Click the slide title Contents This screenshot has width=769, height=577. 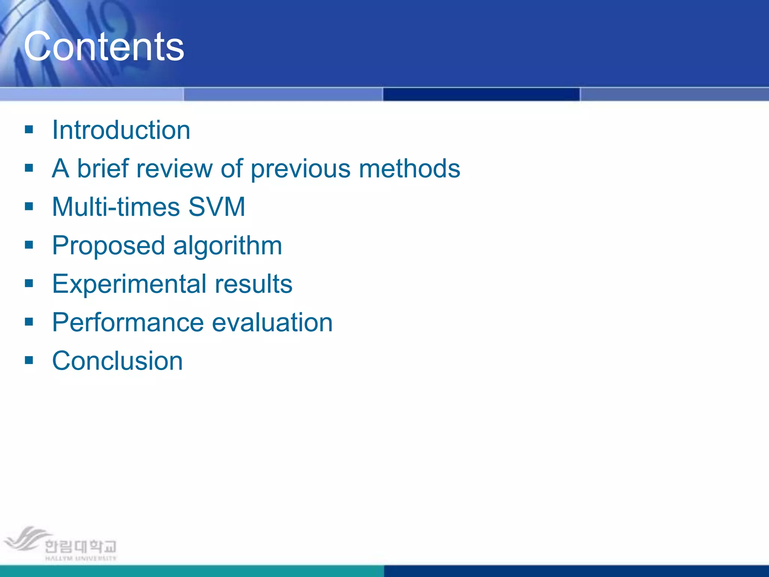[104, 47]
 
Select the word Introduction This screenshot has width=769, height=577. [121, 130]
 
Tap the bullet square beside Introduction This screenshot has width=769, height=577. [29, 130]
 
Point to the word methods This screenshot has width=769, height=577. [409, 168]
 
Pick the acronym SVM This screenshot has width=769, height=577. [217, 207]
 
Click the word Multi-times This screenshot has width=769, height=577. [116, 207]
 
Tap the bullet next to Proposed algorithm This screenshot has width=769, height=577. [29, 245]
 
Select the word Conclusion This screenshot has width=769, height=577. [117, 361]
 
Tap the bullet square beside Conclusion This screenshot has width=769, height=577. [29, 360]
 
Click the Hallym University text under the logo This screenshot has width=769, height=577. [81, 558]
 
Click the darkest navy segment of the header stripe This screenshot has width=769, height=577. [481, 94]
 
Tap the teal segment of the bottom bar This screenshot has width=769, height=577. [191, 571]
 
